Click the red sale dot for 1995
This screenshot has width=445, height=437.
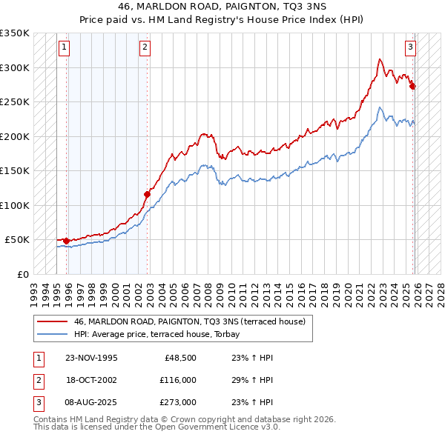coord(67,241)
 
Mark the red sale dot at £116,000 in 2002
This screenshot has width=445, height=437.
coord(147,195)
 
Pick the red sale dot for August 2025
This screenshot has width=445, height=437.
coord(413,87)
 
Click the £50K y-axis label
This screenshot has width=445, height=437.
coord(18,240)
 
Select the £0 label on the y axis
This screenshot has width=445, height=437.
coord(24,274)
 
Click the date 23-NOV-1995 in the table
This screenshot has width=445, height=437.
coord(91,358)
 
